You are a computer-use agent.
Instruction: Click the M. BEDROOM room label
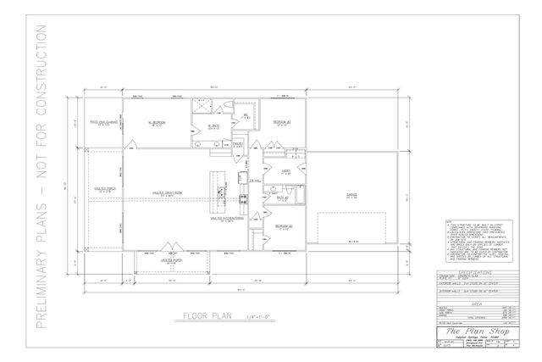click(x=156, y=123)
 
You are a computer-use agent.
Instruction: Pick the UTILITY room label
click(x=285, y=171)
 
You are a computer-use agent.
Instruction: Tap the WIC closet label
click(x=246, y=116)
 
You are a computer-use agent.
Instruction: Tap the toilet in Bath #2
click(x=268, y=198)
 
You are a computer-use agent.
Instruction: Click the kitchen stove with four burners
click(x=243, y=200)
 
